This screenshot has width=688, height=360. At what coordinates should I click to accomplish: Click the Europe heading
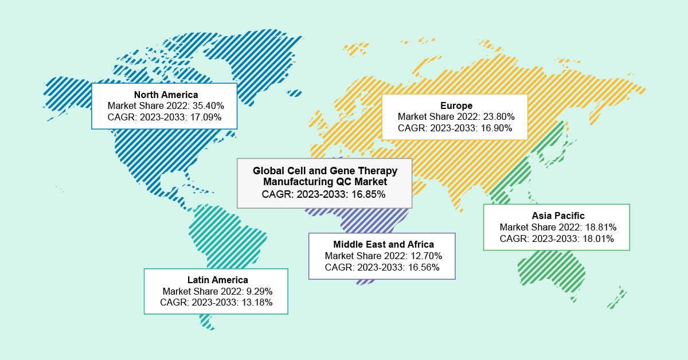click(x=456, y=105)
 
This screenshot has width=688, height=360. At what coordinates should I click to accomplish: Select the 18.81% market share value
click(x=597, y=227)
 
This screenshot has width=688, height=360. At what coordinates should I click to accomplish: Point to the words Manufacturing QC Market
click(x=325, y=182)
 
